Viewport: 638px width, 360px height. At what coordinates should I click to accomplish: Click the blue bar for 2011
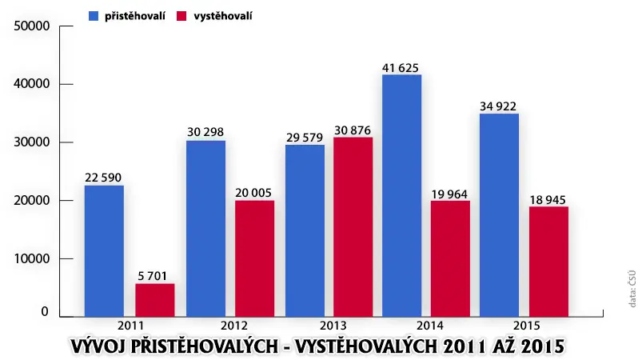[x=104, y=251]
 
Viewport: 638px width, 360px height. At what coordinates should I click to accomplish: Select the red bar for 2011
[x=155, y=300]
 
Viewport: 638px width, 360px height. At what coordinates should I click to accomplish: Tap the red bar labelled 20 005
[x=255, y=258]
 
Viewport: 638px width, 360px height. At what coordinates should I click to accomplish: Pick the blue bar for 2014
[x=401, y=195]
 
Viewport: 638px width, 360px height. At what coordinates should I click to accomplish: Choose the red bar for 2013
[x=353, y=227]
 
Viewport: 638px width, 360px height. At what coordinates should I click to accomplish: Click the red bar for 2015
[x=549, y=262]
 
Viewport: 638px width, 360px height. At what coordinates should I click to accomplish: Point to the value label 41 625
[x=401, y=68]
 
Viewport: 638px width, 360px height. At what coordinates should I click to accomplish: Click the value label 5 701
[x=153, y=276]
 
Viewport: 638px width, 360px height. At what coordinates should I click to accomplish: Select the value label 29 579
[x=305, y=138]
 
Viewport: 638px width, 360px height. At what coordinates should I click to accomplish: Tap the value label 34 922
[x=498, y=106]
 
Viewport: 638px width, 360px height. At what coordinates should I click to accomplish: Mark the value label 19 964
[x=449, y=194]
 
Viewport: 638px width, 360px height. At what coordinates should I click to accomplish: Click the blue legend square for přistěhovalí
[x=94, y=16]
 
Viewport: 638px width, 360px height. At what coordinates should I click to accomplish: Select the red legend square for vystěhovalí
[x=181, y=16]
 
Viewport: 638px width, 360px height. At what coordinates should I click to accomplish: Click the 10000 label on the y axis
[x=32, y=258]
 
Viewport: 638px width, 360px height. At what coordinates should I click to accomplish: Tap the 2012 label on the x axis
[x=234, y=326]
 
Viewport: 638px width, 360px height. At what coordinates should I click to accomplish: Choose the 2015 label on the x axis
[x=527, y=326]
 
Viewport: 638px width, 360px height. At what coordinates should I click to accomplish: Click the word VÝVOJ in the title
[x=98, y=346]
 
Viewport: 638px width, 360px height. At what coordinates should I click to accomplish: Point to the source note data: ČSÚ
[x=632, y=289]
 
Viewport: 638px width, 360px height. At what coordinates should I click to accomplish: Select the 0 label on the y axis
[x=45, y=312]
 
